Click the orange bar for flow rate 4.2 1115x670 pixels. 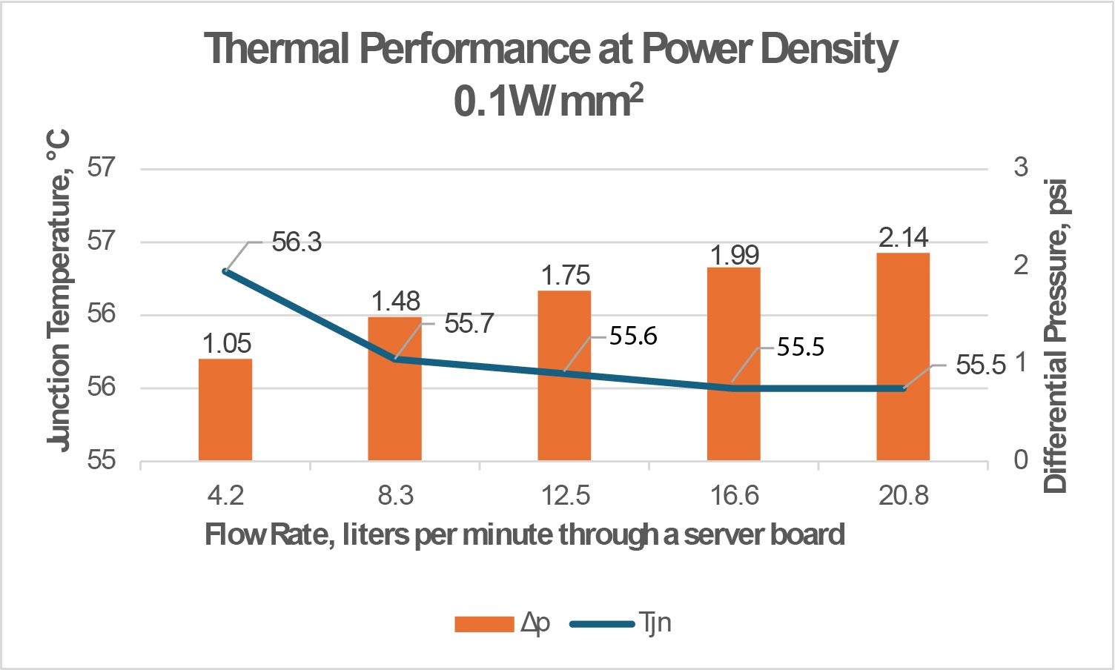pyautogui.click(x=225, y=409)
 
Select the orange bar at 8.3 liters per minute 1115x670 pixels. pyautogui.click(x=395, y=388)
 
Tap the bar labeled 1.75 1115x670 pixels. pyautogui.click(x=564, y=375)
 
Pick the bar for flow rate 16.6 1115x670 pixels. pyautogui.click(x=734, y=363)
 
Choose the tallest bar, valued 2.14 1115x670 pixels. pyautogui.click(x=903, y=356)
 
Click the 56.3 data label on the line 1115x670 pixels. pyautogui.click(x=297, y=242)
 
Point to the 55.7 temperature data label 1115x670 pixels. pyautogui.click(x=469, y=323)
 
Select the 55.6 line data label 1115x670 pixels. pyautogui.click(x=633, y=336)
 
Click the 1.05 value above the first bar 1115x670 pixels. pyautogui.click(x=227, y=343)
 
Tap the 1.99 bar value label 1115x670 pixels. pyautogui.click(x=735, y=255)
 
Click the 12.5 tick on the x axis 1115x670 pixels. pyautogui.click(x=565, y=495)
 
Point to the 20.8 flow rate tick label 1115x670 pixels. pyautogui.click(x=903, y=495)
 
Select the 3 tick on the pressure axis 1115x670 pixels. pyautogui.click(x=1021, y=167)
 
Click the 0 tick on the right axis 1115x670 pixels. pyautogui.click(x=1021, y=460)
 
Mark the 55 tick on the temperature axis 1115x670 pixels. pyautogui.click(x=102, y=460)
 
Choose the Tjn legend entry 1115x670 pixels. pyautogui.click(x=621, y=623)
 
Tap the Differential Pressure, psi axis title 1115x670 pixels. pyautogui.click(x=1055, y=336)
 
